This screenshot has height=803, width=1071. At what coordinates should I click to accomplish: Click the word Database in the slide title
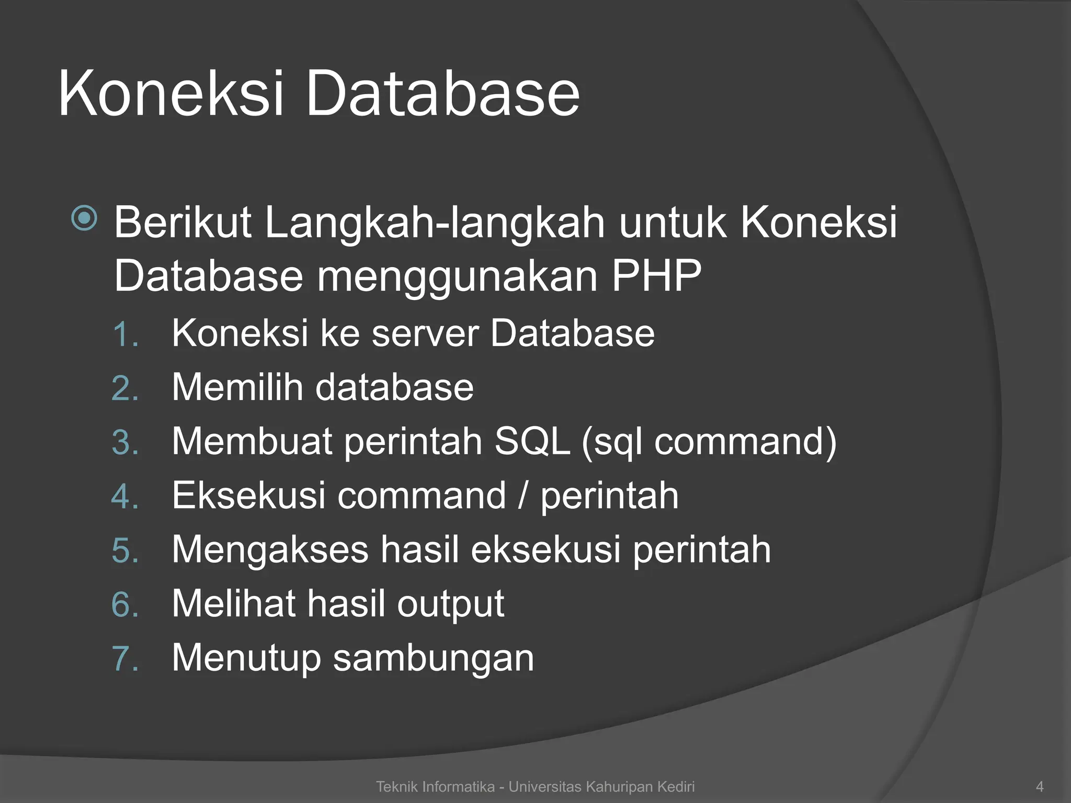[442, 94]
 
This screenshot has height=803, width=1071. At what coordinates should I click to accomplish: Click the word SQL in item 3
[532, 441]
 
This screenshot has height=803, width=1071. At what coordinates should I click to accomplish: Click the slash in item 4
[522, 496]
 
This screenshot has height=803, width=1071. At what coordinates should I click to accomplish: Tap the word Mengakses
[270, 550]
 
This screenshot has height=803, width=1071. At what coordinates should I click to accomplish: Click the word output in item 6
[450, 604]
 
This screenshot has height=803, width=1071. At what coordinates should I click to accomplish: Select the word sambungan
[434, 659]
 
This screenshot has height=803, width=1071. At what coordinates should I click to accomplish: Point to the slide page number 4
[1040, 787]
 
